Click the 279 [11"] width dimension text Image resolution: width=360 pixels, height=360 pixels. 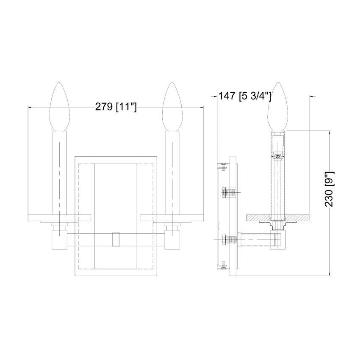(116, 107)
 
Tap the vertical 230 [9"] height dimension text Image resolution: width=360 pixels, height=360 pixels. (330, 189)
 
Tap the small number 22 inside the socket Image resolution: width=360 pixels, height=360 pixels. (278, 156)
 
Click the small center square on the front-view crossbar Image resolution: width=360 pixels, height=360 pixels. (116, 239)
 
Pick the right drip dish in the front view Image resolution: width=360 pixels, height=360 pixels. (172, 218)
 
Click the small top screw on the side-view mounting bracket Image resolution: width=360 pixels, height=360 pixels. (222, 165)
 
